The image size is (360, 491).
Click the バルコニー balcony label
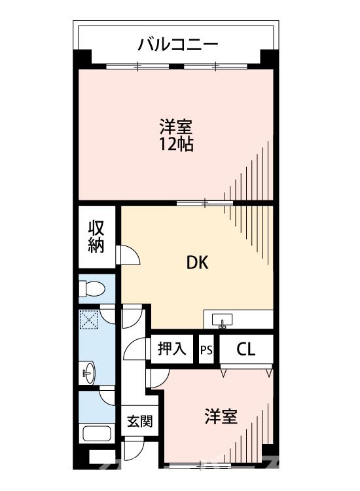(x=178, y=45)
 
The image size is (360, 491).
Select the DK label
(x=197, y=263)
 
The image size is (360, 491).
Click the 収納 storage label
(x=97, y=237)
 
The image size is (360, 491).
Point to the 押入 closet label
(x=172, y=348)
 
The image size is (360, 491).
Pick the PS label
(x=206, y=349)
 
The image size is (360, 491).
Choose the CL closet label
(x=245, y=349)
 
